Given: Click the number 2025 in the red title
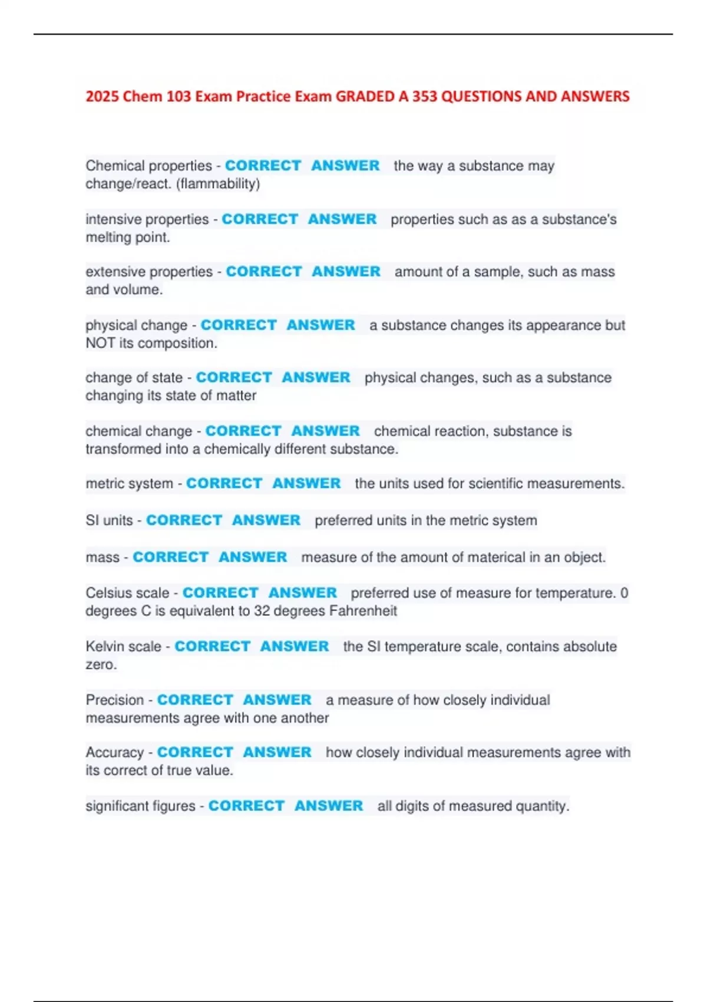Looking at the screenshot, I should pos(103,97).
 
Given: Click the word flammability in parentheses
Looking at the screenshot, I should pos(218,184).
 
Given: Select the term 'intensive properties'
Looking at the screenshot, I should pos(147,219).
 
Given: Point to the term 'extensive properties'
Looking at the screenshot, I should pos(149,272).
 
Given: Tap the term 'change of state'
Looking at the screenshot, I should pos(134,378).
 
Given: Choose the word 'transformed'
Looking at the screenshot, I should pos(123,449).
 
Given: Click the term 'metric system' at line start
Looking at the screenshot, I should pos(129,484).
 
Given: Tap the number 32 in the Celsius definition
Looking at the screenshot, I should pos(262,611).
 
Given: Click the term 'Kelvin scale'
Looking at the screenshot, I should pos(123,647).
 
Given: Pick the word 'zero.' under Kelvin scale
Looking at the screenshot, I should pos(101,665).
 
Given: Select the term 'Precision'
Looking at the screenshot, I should pos(114,700).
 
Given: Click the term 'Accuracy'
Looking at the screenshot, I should pos(114,753).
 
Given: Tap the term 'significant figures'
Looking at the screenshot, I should pos(140,806).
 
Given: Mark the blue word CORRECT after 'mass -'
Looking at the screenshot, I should pos(170,558).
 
